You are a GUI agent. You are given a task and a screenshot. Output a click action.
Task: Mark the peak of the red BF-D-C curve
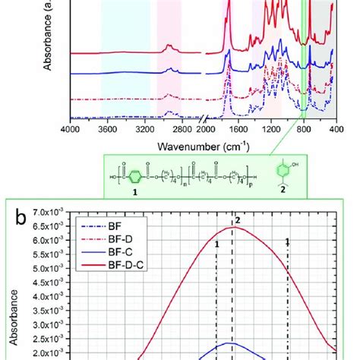pyautogui.click(x=232, y=227)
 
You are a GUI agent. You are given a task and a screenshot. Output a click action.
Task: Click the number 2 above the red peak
pyautogui.click(x=238, y=220)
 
